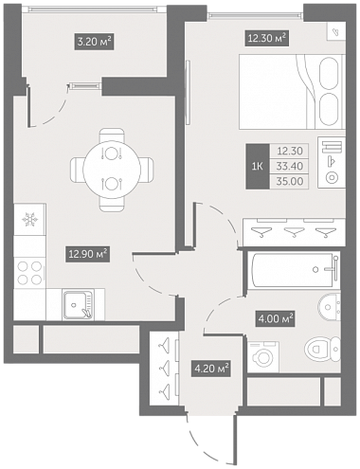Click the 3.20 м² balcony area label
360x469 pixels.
pyautogui.click(x=94, y=41)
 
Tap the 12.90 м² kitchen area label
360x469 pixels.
pyautogui.click(x=87, y=254)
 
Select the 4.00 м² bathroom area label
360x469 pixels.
pyautogui.click(x=276, y=318)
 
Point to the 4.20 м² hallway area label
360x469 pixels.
pyautogui.click(x=210, y=369)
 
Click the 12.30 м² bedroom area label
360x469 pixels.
pyautogui.click(x=267, y=39)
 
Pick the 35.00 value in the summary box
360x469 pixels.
pyautogui.click(x=290, y=182)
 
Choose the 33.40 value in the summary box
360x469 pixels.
pyautogui.click(x=290, y=166)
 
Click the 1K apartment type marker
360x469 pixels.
pyautogui.click(x=258, y=167)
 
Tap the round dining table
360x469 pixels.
pyautogui.click(x=112, y=170)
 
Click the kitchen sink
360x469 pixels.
pyautogui.click(x=79, y=305)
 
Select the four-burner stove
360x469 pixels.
pyautogui.click(x=29, y=273)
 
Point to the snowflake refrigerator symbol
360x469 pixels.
pyautogui.click(x=29, y=219)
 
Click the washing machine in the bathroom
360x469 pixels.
pyautogui.click(x=263, y=356)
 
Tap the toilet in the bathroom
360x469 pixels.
pyautogui.click(x=323, y=349)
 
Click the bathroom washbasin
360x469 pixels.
pyautogui.click(x=330, y=307)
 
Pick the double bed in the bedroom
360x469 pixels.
pyautogui.click(x=292, y=92)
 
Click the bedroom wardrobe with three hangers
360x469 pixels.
pyautogui.click(x=294, y=232)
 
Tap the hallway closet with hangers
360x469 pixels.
pyautogui.click(x=164, y=368)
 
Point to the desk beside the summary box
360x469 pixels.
pyautogui.click(x=332, y=162)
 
